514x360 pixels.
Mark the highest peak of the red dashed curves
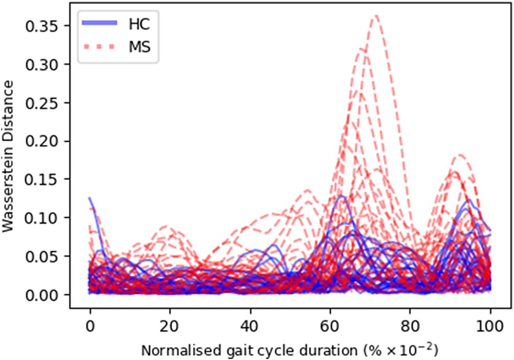coord(375,16)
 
